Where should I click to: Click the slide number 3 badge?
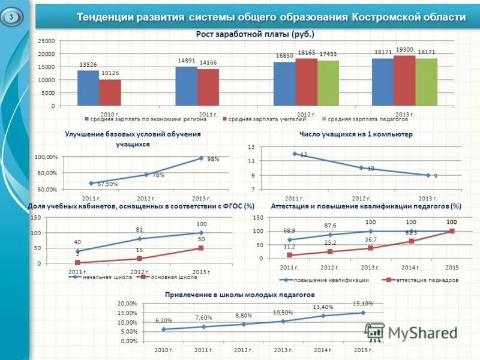[x=11, y=17]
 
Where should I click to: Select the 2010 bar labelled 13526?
[x=88, y=88]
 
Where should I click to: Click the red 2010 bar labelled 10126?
[x=110, y=93]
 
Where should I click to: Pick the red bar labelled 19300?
[x=404, y=81]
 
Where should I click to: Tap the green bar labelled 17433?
[x=328, y=83]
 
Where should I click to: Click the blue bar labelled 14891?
[x=186, y=86]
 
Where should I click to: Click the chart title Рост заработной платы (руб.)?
[x=255, y=34]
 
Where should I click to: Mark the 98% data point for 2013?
[x=202, y=158]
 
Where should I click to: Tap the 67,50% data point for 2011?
[x=91, y=183]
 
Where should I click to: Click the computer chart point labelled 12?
[x=295, y=154]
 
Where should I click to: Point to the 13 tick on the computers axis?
[x=251, y=147]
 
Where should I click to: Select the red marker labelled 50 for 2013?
[x=201, y=248]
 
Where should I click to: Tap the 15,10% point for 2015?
[x=362, y=313]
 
